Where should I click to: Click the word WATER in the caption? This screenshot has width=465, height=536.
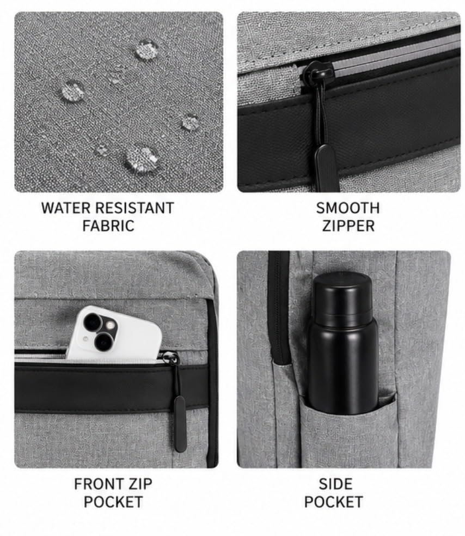click(65, 208)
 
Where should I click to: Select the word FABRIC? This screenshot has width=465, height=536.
click(108, 226)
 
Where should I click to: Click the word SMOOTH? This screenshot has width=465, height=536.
click(348, 208)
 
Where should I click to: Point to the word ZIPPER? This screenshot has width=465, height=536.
click(348, 226)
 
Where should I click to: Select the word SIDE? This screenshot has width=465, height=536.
click(335, 484)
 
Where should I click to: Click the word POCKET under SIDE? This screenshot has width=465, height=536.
click(333, 502)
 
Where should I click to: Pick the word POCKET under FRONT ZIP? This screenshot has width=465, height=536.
click(113, 502)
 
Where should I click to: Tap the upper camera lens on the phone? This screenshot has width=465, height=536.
click(92, 322)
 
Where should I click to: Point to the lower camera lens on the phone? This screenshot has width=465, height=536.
click(103, 342)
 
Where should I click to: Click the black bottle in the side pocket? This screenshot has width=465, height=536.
click(342, 343)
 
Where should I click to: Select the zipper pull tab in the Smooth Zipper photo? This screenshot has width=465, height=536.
click(326, 168)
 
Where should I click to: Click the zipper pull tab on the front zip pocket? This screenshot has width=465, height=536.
click(180, 424)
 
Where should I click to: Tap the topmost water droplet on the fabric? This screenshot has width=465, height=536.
click(147, 50)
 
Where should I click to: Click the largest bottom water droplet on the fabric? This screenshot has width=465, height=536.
click(142, 159)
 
